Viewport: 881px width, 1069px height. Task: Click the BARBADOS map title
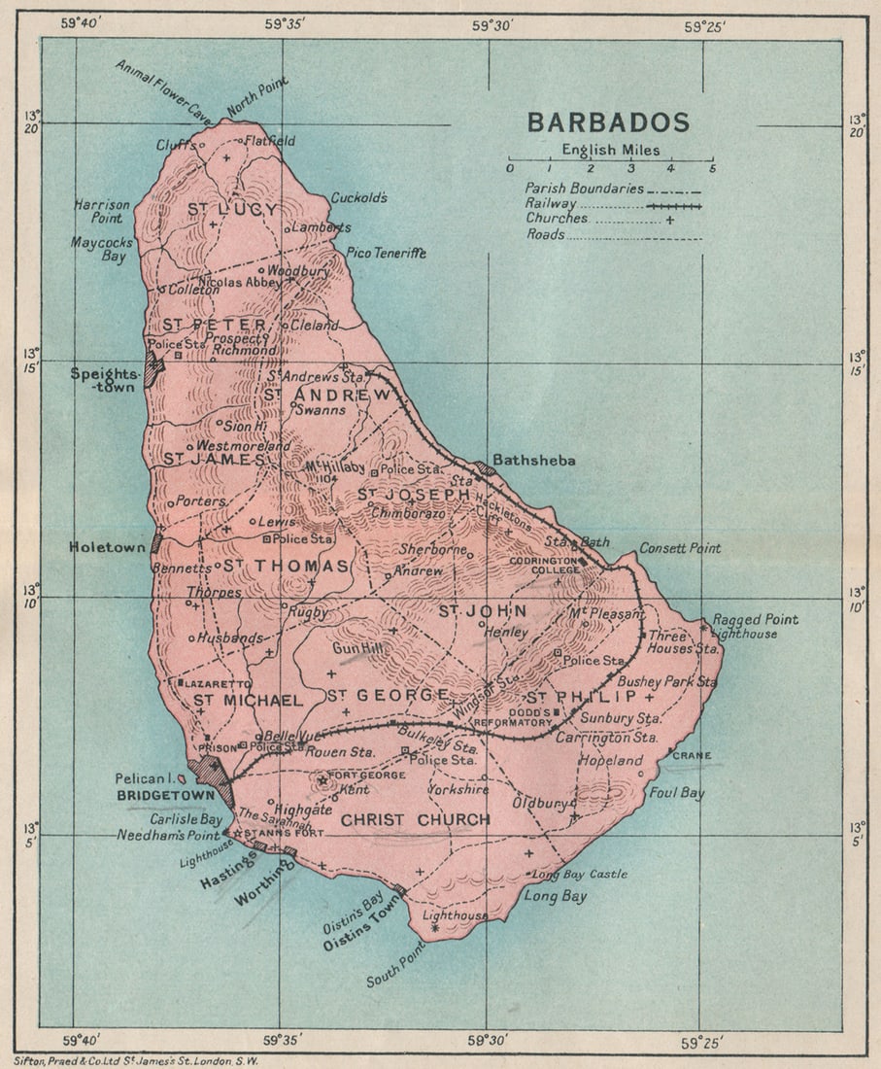coord(608,122)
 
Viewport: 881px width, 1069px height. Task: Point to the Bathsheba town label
coord(533,460)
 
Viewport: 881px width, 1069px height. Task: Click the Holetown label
coord(107,547)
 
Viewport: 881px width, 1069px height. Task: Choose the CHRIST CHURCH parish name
coord(415,820)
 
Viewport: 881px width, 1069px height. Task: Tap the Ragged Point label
coord(755,619)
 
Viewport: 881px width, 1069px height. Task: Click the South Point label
coord(395,968)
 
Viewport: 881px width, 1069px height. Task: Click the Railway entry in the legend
coord(551,203)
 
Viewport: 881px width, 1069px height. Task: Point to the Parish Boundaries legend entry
coord(584,189)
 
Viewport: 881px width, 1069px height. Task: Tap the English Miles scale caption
coord(610,150)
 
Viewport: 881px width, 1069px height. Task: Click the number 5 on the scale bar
coord(712,168)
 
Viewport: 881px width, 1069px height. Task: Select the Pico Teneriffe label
coord(387,253)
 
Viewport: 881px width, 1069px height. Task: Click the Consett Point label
coord(680,548)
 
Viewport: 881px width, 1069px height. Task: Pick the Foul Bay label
coord(677,793)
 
